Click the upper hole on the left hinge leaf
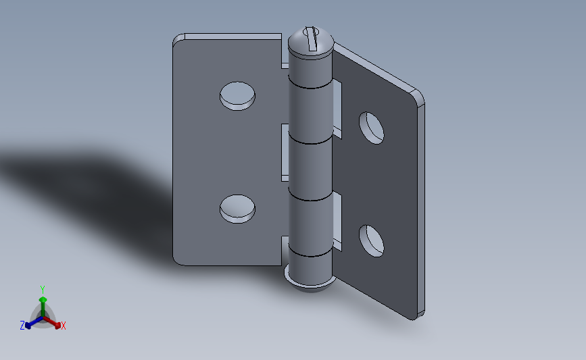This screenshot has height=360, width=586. pyautogui.click(x=237, y=96)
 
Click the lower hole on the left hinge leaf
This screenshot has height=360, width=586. pyautogui.click(x=237, y=209)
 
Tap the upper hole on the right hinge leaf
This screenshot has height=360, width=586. pyautogui.click(x=372, y=128)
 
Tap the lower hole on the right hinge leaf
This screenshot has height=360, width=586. pyautogui.click(x=372, y=241)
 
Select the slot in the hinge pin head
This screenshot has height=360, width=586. pyautogui.click(x=311, y=38)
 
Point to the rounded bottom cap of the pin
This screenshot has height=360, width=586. pyautogui.click(x=310, y=284)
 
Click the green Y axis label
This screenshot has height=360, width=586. pyautogui.click(x=43, y=290)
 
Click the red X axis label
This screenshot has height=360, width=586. pyautogui.click(x=63, y=326)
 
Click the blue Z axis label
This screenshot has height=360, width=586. pyautogui.click(x=22, y=326)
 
